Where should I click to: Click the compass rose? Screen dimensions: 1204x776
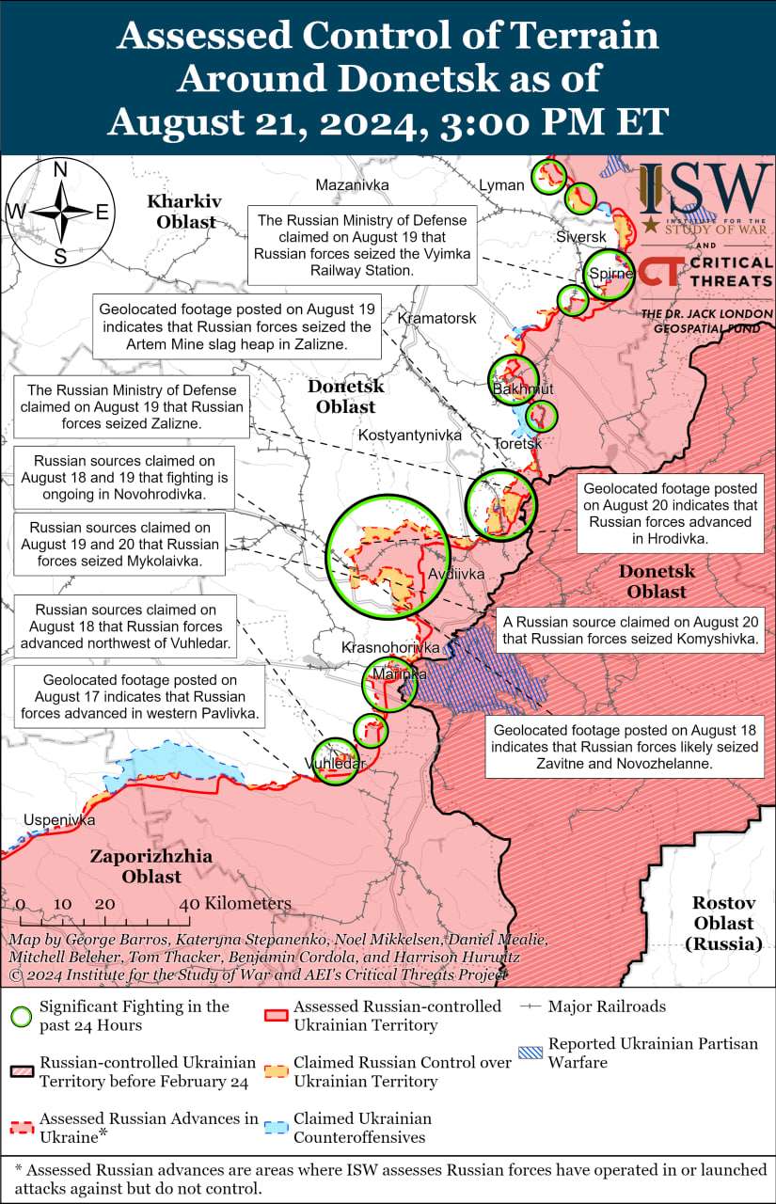click(x=59, y=213)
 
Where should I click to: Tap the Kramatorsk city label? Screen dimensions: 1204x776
click(x=436, y=319)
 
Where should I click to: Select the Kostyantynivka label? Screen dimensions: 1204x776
click(x=409, y=436)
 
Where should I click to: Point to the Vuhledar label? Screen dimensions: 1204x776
click(x=335, y=764)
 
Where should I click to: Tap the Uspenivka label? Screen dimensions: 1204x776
click(x=59, y=820)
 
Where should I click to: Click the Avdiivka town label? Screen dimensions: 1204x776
click(x=456, y=574)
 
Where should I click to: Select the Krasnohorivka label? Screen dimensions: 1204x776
click(x=389, y=649)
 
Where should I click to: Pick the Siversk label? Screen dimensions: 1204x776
click(x=581, y=237)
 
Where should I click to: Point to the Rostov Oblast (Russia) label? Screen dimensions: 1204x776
click(x=723, y=923)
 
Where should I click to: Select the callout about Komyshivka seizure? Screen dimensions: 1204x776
click(x=631, y=630)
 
